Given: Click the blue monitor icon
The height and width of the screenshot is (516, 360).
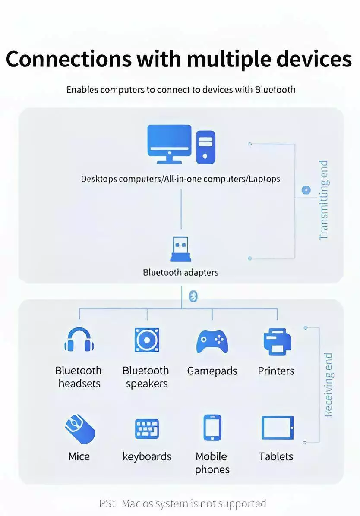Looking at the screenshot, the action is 169,144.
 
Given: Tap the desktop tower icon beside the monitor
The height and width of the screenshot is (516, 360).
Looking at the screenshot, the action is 205,147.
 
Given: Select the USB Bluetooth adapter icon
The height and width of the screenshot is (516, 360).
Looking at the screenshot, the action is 180,249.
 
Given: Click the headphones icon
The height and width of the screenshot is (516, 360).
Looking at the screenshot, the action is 79,339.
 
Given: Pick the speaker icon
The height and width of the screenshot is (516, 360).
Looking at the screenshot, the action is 147,340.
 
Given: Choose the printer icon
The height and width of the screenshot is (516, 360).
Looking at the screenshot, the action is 277,342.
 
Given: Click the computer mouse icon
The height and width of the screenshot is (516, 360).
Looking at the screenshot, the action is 80,429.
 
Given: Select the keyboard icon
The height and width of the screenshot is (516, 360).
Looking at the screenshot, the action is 147,429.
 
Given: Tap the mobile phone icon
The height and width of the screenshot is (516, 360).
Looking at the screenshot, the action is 212,428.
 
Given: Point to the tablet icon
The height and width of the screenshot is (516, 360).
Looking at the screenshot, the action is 277,428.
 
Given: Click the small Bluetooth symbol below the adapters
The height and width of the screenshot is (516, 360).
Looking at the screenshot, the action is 193,296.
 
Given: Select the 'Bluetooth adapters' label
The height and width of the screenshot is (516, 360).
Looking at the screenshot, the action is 180,273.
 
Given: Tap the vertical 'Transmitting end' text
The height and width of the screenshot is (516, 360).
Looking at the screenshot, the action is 324,200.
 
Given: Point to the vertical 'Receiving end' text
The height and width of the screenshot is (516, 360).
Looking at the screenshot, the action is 328,385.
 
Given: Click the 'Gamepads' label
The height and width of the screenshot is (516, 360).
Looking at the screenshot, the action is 212,371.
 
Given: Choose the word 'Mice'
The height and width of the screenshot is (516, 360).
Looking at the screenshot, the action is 79,456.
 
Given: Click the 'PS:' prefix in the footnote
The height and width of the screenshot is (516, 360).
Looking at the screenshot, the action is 107,503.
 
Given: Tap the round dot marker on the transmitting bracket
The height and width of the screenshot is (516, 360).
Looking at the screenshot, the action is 306,190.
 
